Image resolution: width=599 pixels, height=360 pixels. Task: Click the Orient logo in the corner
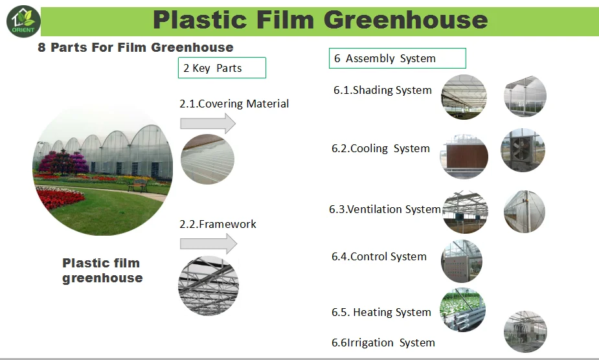pyautogui.click(x=23, y=21)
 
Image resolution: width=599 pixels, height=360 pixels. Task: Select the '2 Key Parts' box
pyautogui.click(x=222, y=67)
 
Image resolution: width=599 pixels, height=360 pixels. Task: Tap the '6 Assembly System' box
pyautogui.click(x=398, y=58)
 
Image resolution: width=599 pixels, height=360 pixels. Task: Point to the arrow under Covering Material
pyautogui.click(x=208, y=124)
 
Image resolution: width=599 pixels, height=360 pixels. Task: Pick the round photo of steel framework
pyautogui.click(x=209, y=286)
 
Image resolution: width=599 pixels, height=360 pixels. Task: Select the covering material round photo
pyautogui.click(x=207, y=159)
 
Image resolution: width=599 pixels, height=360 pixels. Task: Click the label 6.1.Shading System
pyautogui.click(x=383, y=90)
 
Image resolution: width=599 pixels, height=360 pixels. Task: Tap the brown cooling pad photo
pyautogui.click(x=464, y=156)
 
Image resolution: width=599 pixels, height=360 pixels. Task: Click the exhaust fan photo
pyautogui.click(x=523, y=150)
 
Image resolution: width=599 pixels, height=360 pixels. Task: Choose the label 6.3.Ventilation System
pyautogui.click(x=385, y=209)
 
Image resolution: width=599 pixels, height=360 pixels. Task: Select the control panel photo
pyautogui.click(x=462, y=261)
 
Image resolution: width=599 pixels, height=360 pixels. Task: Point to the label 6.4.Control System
pyautogui.click(x=379, y=256)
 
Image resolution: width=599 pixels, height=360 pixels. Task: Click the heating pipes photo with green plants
pyautogui.click(x=462, y=309)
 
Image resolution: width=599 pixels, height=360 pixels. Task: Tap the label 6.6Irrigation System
pyautogui.click(x=383, y=343)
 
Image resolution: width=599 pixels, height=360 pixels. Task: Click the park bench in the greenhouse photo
pyautogui.click(x=137, y=185)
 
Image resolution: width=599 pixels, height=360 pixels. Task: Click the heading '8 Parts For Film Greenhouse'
pyautogui.click(x=135, y=47)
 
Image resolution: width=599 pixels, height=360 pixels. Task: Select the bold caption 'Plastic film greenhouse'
pyautogui.click(x=102, y=270)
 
